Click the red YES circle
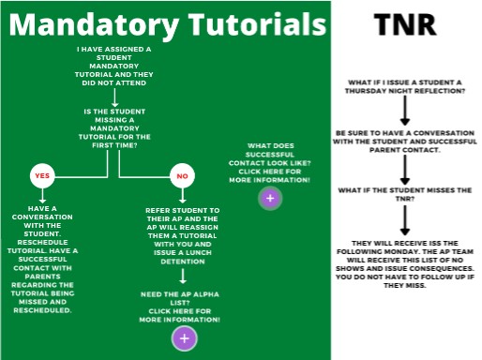(41, 175)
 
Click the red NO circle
(182, 175)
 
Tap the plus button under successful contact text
(270, 198)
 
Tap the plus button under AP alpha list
(184, 338)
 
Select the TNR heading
(405, 24)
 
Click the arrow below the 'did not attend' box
(113, 96)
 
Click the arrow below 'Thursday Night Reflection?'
(405, 111)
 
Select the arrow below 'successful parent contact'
(405, 169)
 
